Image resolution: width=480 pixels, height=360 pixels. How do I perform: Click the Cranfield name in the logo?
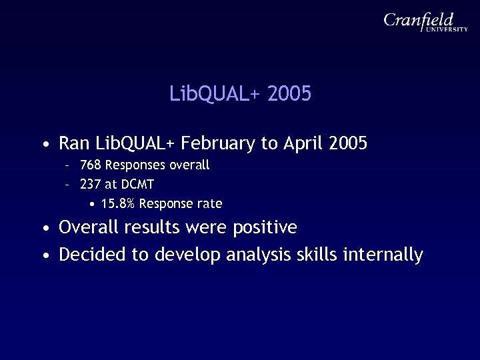tap(419, 21)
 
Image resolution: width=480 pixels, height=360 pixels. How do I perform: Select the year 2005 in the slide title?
tap(289, 94)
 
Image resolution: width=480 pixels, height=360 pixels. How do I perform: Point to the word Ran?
tap(75, 143)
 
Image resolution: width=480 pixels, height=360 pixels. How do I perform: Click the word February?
tap(218, 143)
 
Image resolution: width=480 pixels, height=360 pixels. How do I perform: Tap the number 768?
tap(89, 164)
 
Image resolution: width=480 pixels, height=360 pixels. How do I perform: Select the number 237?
tap(89, 183)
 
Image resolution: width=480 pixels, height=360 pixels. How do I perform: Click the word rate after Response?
tap(209, 203)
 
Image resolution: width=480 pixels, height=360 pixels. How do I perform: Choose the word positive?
tap(265, 228)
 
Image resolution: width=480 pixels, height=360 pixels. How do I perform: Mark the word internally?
tap(383, 255)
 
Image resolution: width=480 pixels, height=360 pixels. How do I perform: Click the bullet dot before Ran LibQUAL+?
tap(44, 145)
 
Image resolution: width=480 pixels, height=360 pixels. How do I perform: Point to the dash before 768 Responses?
tap(68, 165)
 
